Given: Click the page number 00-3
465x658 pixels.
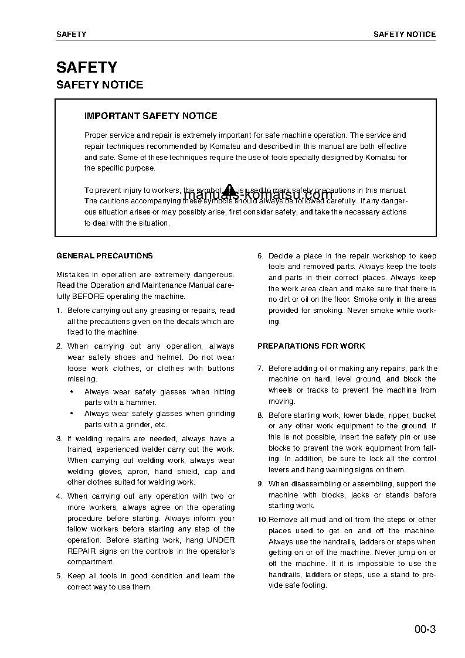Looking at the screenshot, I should [424, 630].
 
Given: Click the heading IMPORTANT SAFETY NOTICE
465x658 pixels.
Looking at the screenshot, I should [151, 116].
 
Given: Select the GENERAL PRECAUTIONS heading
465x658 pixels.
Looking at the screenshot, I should [104, 255].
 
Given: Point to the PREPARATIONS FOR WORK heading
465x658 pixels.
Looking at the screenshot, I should [311, 346].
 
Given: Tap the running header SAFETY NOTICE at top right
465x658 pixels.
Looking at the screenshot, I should [405, 35].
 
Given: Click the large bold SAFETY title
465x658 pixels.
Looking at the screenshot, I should [87, 67].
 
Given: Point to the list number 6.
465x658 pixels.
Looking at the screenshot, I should [260, 256].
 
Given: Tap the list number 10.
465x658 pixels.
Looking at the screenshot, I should [262, 520].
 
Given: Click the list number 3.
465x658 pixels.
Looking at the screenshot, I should [59, 439].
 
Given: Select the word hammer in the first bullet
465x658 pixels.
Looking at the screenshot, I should [142, 403].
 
